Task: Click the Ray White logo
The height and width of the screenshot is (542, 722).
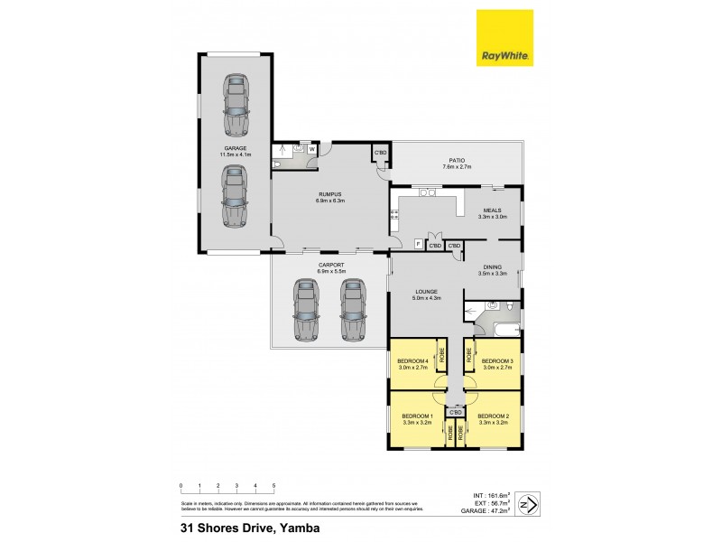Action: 504,38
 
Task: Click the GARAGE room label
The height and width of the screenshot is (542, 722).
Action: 236,148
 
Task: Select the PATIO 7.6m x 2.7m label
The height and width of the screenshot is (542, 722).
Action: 457,163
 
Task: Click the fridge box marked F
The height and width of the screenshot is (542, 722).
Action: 418,244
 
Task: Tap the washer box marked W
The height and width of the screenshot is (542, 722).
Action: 311,149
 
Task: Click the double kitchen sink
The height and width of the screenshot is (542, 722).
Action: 428,192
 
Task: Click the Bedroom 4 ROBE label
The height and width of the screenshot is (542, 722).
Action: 442,356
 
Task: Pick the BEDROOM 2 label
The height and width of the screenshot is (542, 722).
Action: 494,416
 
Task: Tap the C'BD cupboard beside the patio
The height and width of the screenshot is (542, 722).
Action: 380,153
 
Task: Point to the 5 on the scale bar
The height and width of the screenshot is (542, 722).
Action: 273,486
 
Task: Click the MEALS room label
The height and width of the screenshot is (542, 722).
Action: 493,210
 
